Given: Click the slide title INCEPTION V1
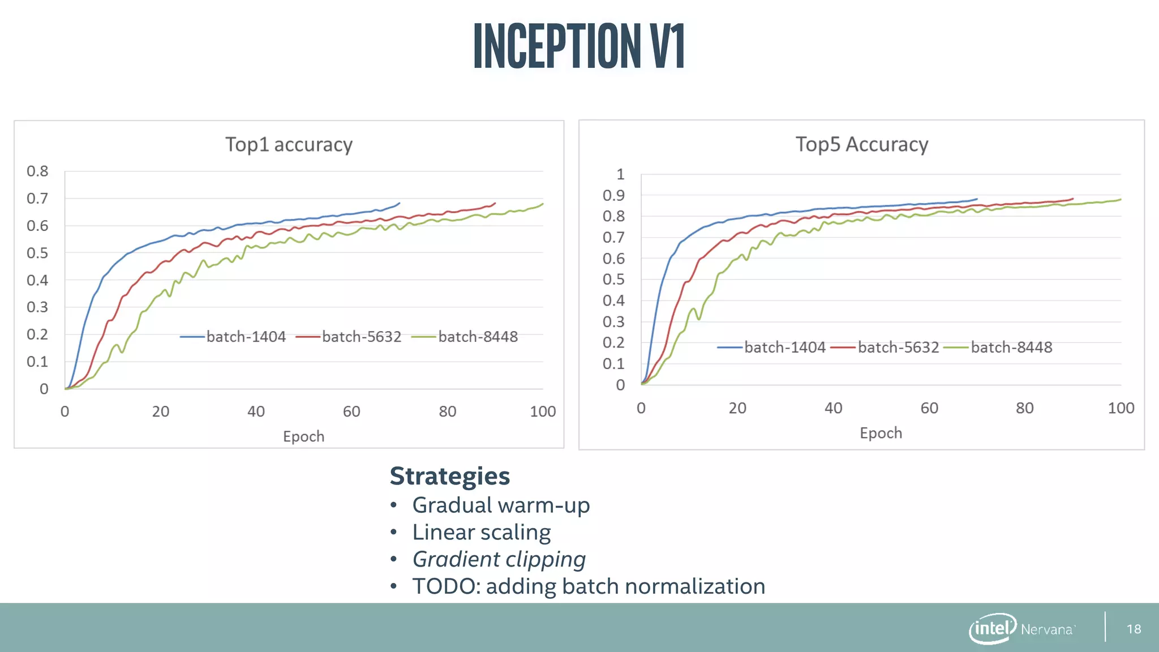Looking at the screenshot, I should click(x=579, y=46).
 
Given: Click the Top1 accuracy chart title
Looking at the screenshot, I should click(x=289, y=145).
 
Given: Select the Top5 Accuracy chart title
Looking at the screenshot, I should click(x=861, y=145).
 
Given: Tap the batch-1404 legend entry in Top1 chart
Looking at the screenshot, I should click(x=246, y=337).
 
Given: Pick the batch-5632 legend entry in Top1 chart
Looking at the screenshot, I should click(x=361, y=337).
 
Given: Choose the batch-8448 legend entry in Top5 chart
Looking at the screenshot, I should click(x=1011, y=348).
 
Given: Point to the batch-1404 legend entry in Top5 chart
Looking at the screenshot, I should click(x=784, y=348).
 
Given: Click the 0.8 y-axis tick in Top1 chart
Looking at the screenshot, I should click(x=37, y=171).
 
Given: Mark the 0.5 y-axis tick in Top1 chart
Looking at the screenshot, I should click(x=37, y=253).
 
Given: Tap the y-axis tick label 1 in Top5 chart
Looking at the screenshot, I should click(x=620, y=174).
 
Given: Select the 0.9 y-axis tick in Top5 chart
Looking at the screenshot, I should click(x=613, y=195).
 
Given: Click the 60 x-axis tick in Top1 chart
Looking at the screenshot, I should click(x=351, y=411).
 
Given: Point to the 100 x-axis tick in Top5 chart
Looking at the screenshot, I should click(x=1121, y=408).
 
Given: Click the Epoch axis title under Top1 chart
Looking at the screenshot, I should click(x=303, y=436).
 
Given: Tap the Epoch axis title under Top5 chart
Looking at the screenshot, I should click(x=881, y=433).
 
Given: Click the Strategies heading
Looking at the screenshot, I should click(x=449, y=476).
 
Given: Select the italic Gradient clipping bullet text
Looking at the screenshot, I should click(x=499, y=559).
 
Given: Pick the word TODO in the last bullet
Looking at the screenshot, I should click(x=445, y=586).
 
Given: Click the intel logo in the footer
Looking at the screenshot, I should click(x=992, y=628).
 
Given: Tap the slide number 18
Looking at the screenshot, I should click(x=1134, y=629).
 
